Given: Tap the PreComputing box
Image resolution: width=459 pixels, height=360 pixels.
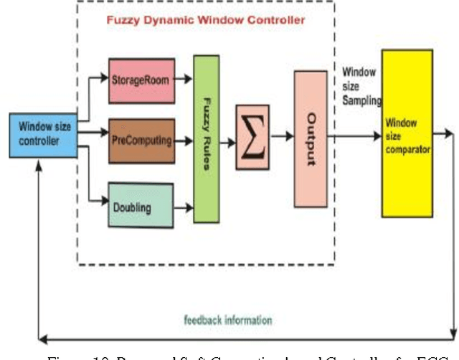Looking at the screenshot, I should coord(141,140).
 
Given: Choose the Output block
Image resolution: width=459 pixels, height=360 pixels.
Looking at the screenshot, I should coord(310,139).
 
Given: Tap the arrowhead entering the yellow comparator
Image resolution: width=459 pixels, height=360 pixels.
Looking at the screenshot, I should coord(378,135).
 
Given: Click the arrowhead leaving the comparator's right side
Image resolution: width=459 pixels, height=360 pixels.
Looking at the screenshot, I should coord(450,133).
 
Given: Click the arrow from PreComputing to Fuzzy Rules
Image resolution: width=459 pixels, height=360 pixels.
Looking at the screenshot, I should coord(184,141).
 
